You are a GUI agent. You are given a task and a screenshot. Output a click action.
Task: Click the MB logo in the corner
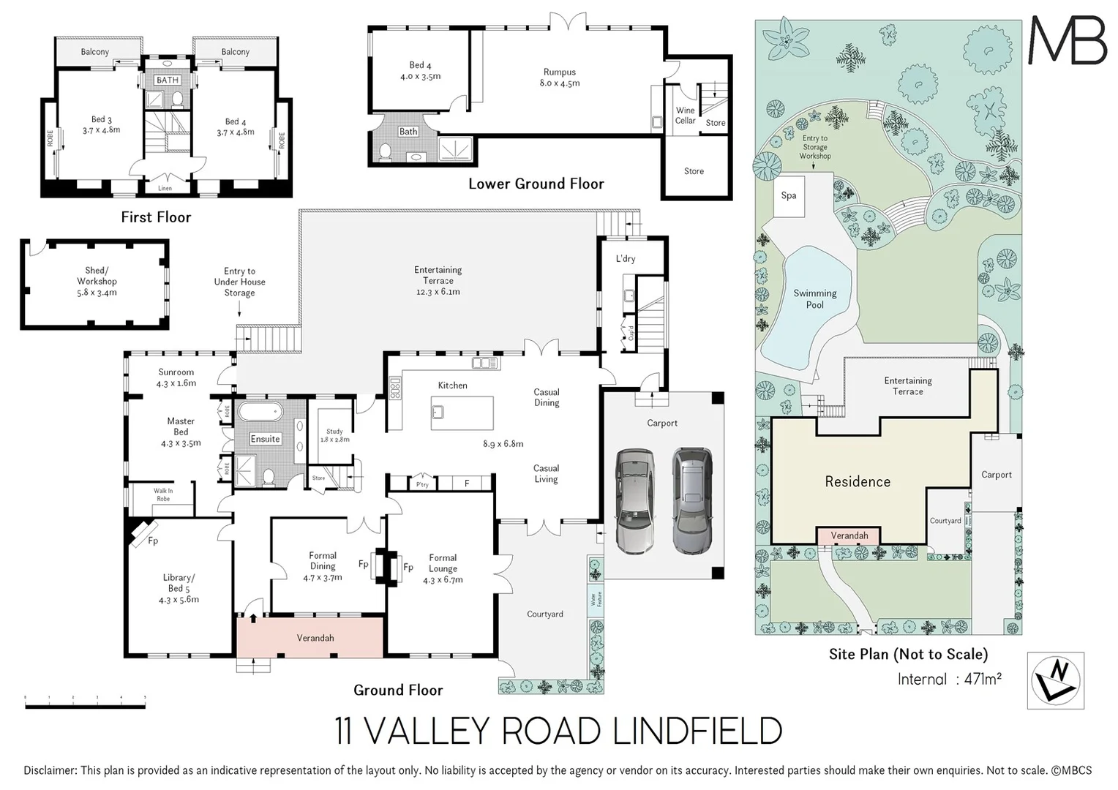click(1068, 41)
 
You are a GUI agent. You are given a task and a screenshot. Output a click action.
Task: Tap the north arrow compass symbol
click(1055, 680)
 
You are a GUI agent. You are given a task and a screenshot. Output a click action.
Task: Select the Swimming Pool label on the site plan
click(814, 299)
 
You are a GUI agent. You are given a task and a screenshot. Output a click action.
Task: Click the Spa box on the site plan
click(789, 195)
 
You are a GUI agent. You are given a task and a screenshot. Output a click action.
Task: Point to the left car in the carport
click(633, 500)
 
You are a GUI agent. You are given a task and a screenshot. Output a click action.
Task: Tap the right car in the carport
click(691, 500)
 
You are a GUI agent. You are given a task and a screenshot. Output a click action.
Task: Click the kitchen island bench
click(462, 413)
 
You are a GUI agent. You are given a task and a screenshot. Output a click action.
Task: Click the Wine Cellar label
click(685, 116)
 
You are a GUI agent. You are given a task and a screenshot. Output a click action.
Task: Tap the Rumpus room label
click(560, 78)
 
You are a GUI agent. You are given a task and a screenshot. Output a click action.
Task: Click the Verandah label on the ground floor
click(315, 638)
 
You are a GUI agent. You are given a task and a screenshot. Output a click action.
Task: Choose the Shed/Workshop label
click(97, 282)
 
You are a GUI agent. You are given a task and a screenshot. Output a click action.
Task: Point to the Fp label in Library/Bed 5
click(153, 541)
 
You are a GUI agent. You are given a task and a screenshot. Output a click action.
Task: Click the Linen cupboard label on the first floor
click(165, 189)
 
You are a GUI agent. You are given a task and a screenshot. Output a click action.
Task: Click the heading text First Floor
click(156, 217)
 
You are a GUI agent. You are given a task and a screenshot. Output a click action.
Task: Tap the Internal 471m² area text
click(949, 679)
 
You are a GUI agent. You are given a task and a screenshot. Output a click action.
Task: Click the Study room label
click(334, 435)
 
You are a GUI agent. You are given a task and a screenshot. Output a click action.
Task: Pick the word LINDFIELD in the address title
click(697, 731)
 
